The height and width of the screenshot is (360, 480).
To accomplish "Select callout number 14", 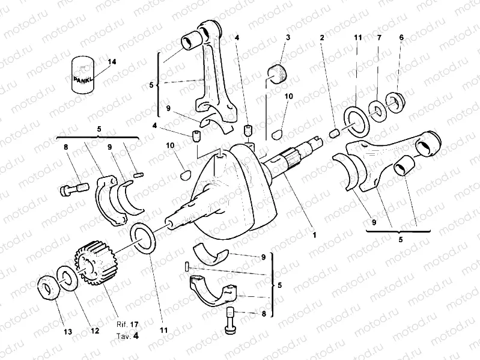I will click(112, 63).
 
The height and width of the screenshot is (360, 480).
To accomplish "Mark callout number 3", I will click(288, 37).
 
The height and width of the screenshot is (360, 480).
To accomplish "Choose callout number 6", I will click(401, 37).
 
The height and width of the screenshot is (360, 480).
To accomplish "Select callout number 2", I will click(322, 37).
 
